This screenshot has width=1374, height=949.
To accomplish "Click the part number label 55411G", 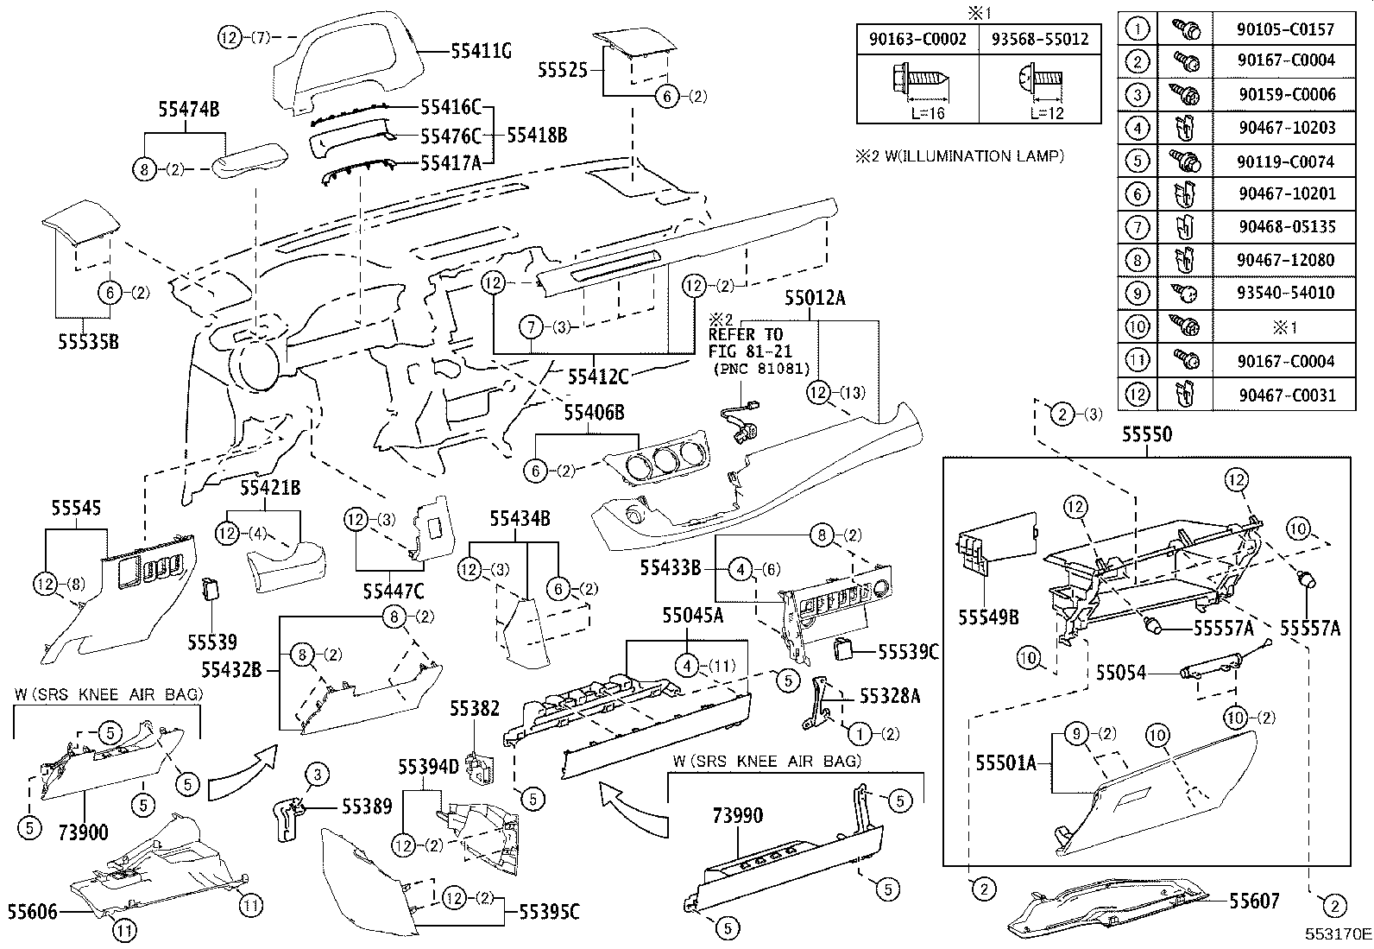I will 481,52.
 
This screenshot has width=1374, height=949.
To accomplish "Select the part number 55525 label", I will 563,70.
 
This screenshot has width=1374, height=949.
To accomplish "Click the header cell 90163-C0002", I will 917,39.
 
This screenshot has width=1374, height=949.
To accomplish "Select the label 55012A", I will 815,300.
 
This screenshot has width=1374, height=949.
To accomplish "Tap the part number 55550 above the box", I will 1147,434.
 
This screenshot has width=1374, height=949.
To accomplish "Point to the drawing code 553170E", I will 1337,934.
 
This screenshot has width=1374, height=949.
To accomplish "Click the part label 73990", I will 738,815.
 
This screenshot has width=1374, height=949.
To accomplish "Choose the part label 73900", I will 84,832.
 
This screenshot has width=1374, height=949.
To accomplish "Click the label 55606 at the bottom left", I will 33,911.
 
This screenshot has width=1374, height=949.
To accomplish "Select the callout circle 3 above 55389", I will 317,775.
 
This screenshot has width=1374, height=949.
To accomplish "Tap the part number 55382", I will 474,709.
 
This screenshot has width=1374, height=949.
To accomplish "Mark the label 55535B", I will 88,342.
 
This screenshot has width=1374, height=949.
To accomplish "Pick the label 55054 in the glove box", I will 1121,672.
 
